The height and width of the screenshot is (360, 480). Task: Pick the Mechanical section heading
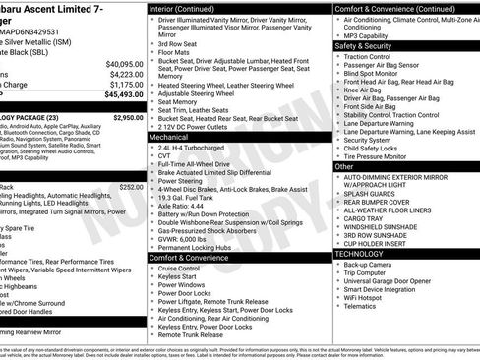pos(169,138)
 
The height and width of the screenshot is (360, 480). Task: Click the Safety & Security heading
pos(363,45)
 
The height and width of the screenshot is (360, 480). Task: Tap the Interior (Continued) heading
pos(189,8)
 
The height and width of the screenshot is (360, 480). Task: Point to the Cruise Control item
pos(178,268)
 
